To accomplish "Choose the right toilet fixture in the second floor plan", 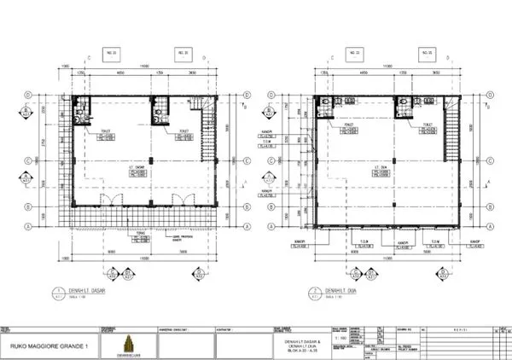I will (401, 103).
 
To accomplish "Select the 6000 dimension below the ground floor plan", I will (111, 252).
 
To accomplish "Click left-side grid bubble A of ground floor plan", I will (30, 225).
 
